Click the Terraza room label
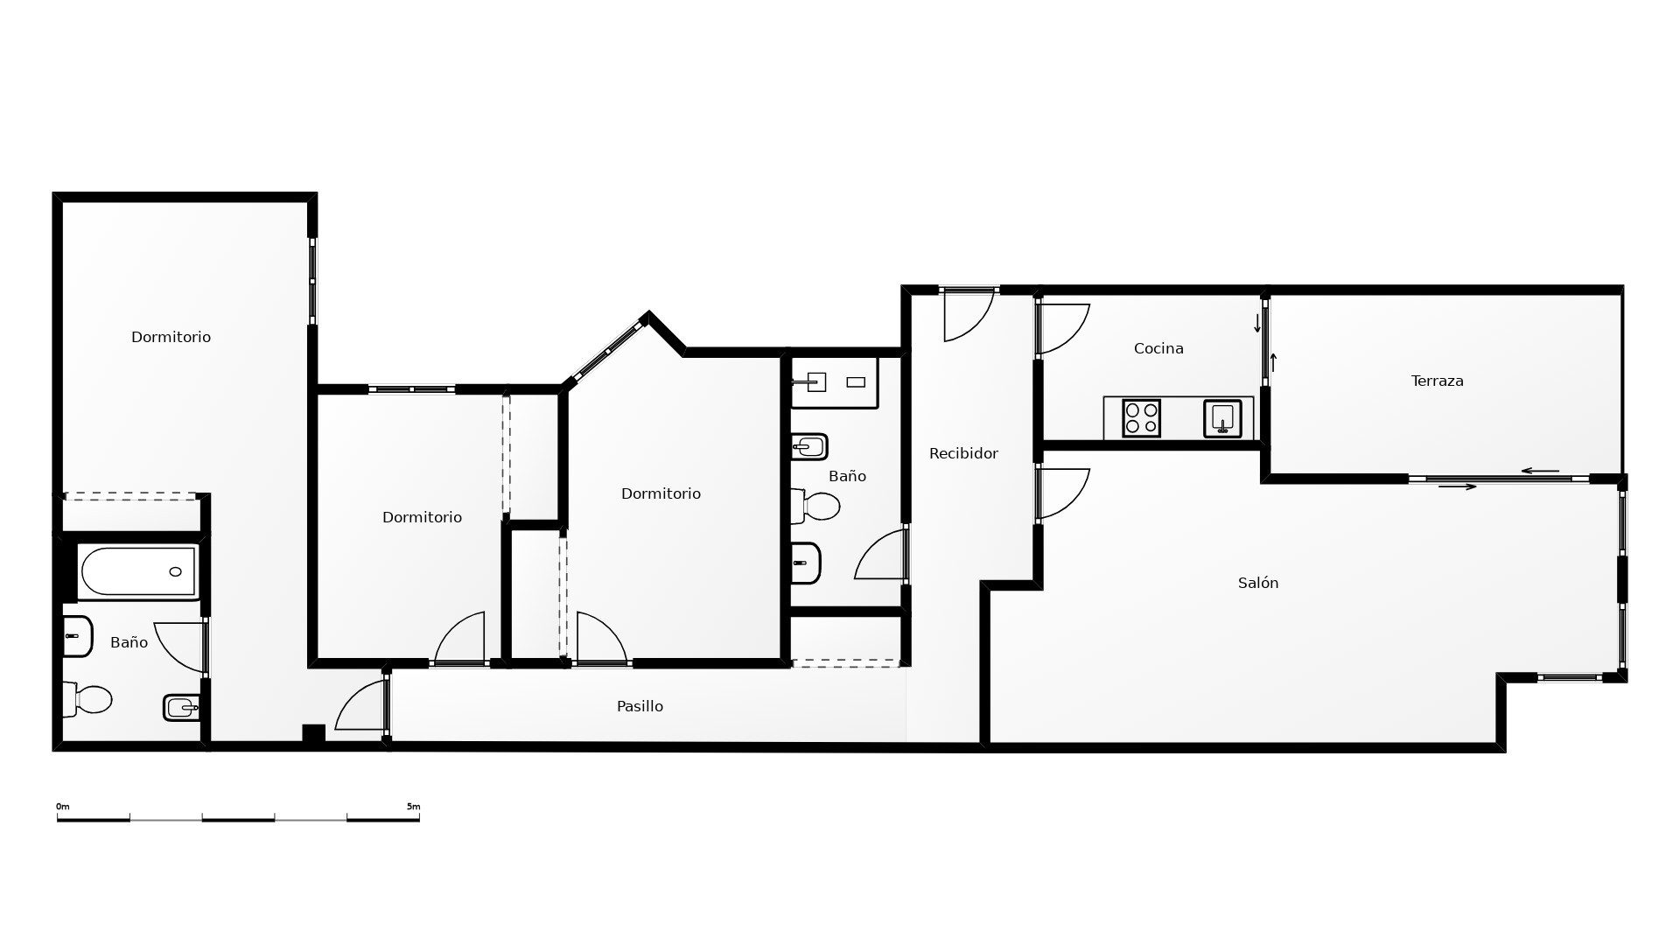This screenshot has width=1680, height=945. pos(1437,381)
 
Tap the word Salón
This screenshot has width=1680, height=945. pos(1258,583)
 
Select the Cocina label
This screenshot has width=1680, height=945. pos(1158,348)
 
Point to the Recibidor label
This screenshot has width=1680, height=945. pos(963,453)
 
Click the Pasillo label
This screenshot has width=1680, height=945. pos(640,706)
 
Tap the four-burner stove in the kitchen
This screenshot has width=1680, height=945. pos(1141,418)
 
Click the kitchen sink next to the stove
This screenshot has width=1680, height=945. pos(1222,418)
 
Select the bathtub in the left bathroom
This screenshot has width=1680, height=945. pos(137,571)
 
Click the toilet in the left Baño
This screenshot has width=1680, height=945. pos(88,699)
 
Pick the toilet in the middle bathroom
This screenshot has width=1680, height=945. pos(815,506)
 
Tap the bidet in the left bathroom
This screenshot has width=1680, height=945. pos(181,708)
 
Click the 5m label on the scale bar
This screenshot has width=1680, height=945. pos(413,807)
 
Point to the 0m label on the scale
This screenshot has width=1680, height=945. pos(63,807)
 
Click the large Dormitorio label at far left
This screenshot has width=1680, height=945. pos(171,337)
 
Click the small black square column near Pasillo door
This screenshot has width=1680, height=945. pos(313,734)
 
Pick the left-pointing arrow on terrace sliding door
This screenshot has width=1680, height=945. pos(1540,472)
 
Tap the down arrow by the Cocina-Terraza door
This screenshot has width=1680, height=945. pos(1257,324)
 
